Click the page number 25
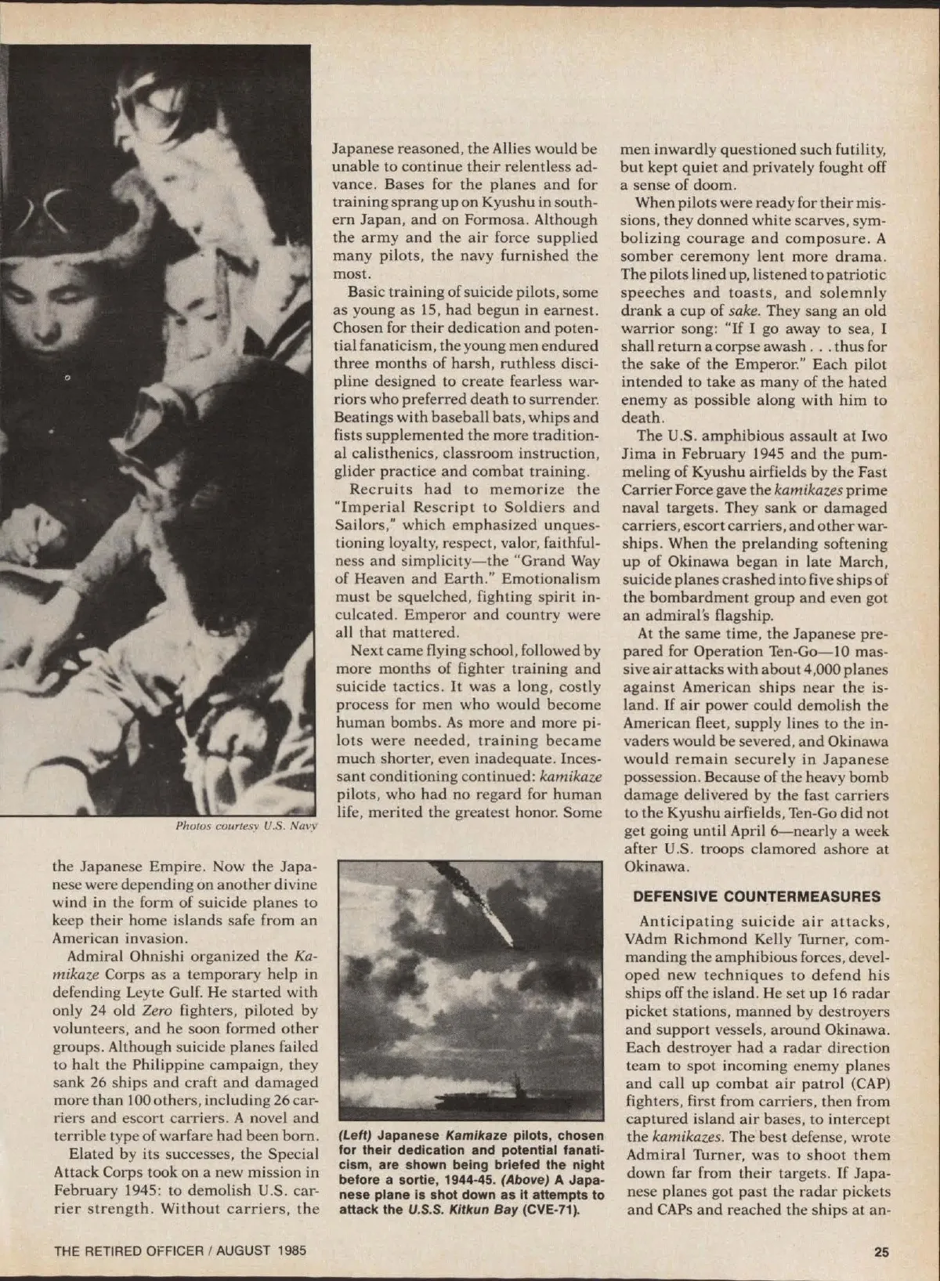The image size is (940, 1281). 881,1251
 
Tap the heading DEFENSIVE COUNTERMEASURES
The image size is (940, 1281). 757,896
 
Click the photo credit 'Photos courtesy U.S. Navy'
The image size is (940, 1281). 246,826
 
